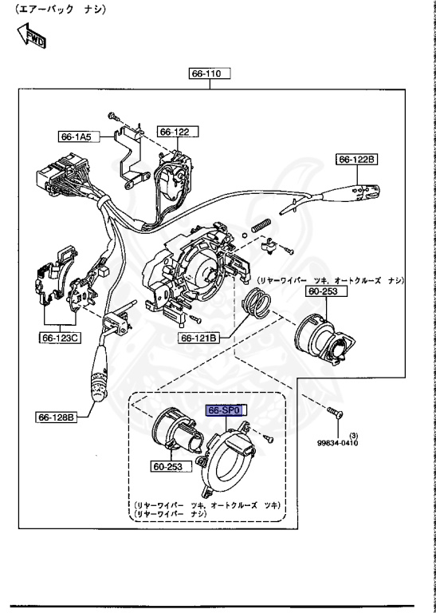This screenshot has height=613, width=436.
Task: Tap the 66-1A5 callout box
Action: pos(76,136)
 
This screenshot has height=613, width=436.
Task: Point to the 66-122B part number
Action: pos(357,160)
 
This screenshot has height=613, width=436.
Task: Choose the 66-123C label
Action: pos(59,337)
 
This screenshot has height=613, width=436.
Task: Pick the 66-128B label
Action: pos(56,416)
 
